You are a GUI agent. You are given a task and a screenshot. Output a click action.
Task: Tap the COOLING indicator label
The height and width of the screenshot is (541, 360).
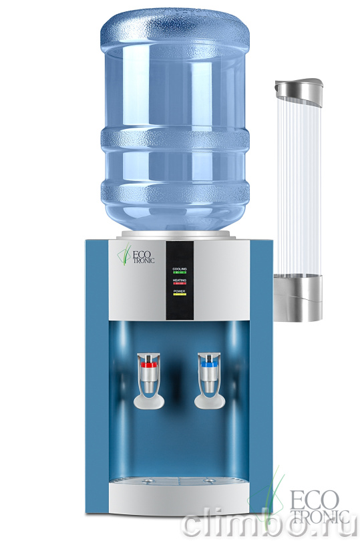click(180, 268)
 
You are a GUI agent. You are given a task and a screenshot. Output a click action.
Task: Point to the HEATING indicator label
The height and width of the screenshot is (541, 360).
click(180, 280)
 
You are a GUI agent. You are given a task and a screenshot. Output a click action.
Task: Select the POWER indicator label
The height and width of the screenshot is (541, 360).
click(180, 291)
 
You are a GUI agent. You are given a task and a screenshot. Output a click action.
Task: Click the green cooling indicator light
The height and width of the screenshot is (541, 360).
click(180, 273)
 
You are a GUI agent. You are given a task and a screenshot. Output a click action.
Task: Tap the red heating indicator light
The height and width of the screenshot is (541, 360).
click(180, 284)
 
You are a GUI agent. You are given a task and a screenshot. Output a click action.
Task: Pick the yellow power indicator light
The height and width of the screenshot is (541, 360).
click(180, 295)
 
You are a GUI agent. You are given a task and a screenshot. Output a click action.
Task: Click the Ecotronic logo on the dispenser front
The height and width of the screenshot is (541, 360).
click(136, 256)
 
